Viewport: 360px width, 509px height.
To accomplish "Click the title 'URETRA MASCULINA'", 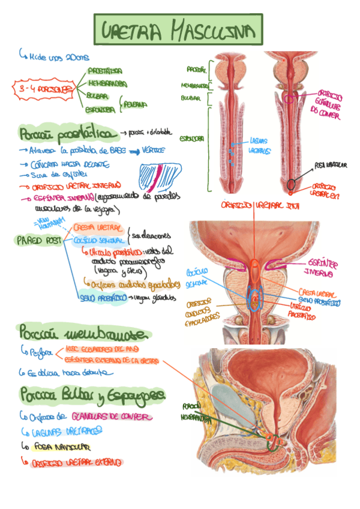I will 179,30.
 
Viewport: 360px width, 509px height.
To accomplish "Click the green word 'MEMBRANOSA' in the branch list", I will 107,83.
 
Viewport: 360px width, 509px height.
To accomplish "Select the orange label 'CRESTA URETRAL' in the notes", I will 98,228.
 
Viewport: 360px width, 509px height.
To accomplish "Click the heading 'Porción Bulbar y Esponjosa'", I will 92,394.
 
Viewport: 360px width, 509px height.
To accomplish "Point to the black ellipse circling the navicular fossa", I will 292,184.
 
